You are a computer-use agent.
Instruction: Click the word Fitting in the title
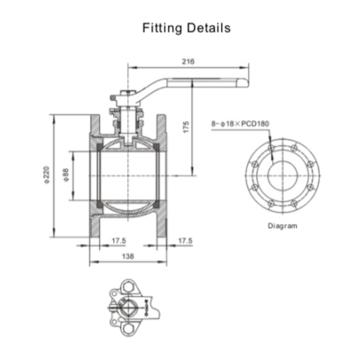163,28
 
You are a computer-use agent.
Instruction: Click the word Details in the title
209,27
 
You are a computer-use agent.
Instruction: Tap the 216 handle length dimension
188,61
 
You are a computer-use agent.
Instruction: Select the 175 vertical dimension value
186,127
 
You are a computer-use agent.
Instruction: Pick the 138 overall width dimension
128,256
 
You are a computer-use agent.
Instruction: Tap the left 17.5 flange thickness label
119,240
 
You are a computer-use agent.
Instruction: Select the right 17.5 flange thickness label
185,240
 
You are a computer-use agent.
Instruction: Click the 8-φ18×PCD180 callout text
240,124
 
